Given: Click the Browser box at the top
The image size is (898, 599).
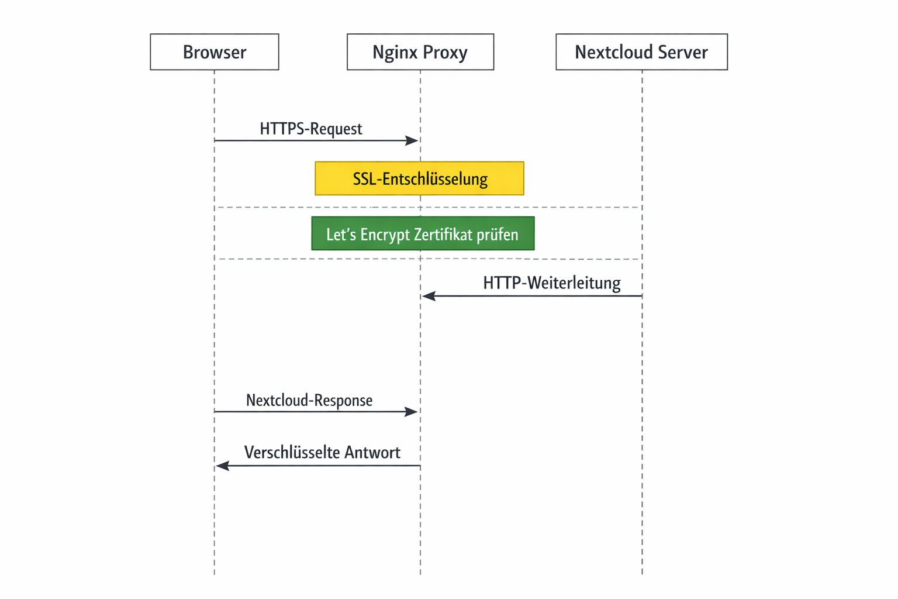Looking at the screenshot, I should pyautogui.click(x=214, y=52).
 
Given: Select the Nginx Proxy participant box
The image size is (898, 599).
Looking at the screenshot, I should pyautogui.click(x=420, y=52).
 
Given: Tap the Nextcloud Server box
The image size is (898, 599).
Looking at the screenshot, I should pyautogui.click(x=641, y=52).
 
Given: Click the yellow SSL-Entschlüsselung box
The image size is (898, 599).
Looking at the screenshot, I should pyautogui.click(x=419, y=178).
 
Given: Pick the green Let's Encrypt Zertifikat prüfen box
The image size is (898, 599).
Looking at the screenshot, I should pyautogui.click(x=422, y=234).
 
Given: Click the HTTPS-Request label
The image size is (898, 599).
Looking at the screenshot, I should pyautogui.click(x=310, y=129).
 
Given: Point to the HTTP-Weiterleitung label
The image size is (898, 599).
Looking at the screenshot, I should pyautogui.click(x=551, y=283).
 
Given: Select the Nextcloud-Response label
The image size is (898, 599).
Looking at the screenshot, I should pyautogui.click(x=309, y=401).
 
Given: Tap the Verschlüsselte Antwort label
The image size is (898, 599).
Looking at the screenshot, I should pyautogui.click(x=322, y=453).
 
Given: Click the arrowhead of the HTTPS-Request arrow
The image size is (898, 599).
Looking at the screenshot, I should pyautogui.click(x=412, y=140).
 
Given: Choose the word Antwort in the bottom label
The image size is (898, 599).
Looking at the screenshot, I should pyautogui.click(x=372, y=453).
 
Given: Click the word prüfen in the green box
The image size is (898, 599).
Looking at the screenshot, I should pyautogui.click(x=497, y=235).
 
